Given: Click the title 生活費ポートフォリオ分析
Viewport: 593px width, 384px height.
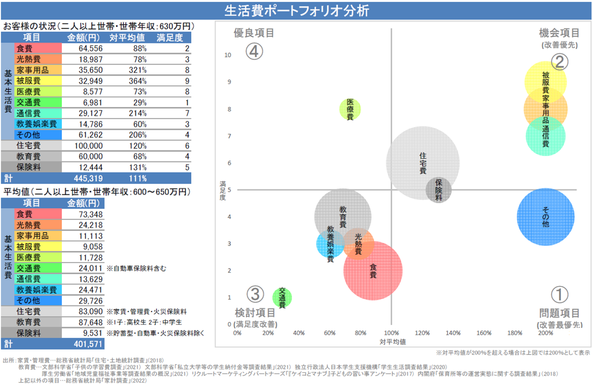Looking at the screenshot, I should tap(296, 10).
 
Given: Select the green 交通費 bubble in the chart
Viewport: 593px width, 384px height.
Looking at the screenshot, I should tap(282, 297).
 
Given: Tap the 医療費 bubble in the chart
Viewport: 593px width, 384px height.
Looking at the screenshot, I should tap(350, 109).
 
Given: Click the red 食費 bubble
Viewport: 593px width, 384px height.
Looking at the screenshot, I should tap(373, 270).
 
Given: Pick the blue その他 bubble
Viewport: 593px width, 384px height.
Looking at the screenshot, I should tap(546, 217).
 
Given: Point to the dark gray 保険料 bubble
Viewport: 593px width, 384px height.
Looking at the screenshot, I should tap(439, 190).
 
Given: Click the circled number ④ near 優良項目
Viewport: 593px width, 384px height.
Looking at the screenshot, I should tap(254, 52).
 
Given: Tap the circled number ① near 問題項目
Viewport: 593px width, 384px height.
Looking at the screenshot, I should tap(560, 294).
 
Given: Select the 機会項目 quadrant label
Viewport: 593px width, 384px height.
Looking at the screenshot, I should tap(560, 33).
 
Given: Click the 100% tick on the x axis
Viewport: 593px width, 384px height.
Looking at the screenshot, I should tap(391, 333).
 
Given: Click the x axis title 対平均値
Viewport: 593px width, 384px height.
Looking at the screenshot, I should tap(392, 342).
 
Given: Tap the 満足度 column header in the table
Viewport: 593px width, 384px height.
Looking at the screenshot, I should tap(170, 37).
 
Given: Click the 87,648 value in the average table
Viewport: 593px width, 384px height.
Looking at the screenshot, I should tap(88, 322).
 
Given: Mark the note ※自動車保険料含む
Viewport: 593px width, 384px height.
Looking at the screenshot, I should tap(136, 268).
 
